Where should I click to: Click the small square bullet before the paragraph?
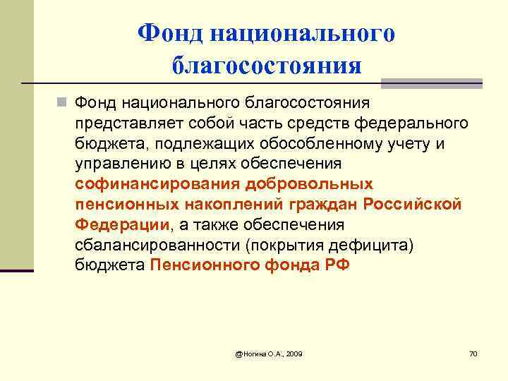[64, 104]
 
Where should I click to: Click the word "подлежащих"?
[181, 144]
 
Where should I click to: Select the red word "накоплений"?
[229, 205]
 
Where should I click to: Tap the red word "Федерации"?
[122, 225]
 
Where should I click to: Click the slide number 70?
[473, 352]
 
